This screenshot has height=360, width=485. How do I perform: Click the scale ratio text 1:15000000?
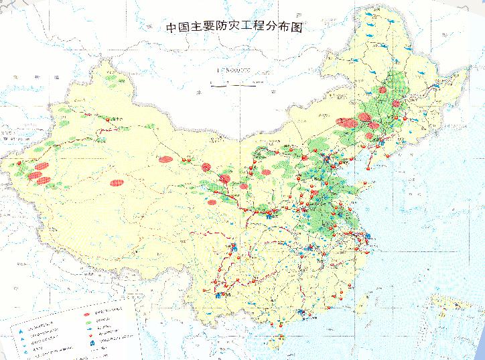coord(232,70)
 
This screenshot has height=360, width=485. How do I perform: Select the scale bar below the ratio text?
coord(232,84)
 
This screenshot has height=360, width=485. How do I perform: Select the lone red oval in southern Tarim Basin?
coord(118,181)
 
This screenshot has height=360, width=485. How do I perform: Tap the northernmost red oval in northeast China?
coord(383,90)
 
